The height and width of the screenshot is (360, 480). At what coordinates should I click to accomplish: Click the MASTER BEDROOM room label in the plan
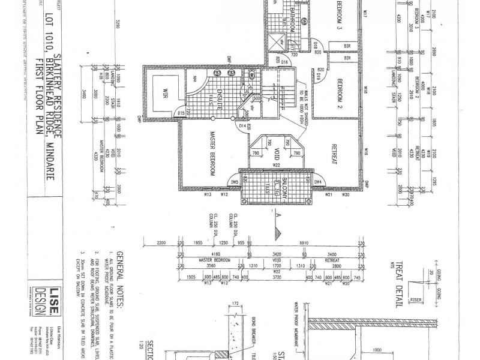(212, 154)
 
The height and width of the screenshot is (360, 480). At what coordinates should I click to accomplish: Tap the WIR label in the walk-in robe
(161, 94)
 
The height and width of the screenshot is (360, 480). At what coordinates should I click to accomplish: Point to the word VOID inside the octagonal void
(277, 146)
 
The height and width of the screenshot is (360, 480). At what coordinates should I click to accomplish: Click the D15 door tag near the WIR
(181, 113)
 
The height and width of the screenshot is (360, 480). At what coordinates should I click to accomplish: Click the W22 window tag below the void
(277, 166)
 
